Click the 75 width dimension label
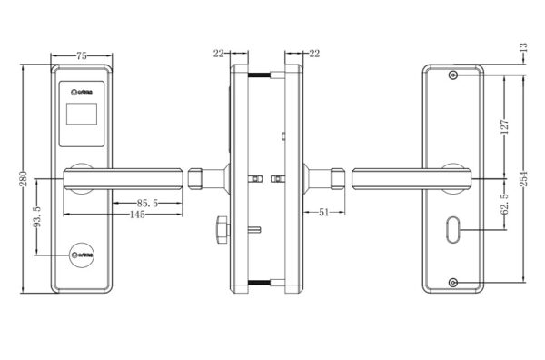[81, 56]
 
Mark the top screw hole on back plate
[452, 75]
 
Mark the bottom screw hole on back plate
[452, 282]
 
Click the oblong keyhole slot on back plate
[452, 231]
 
